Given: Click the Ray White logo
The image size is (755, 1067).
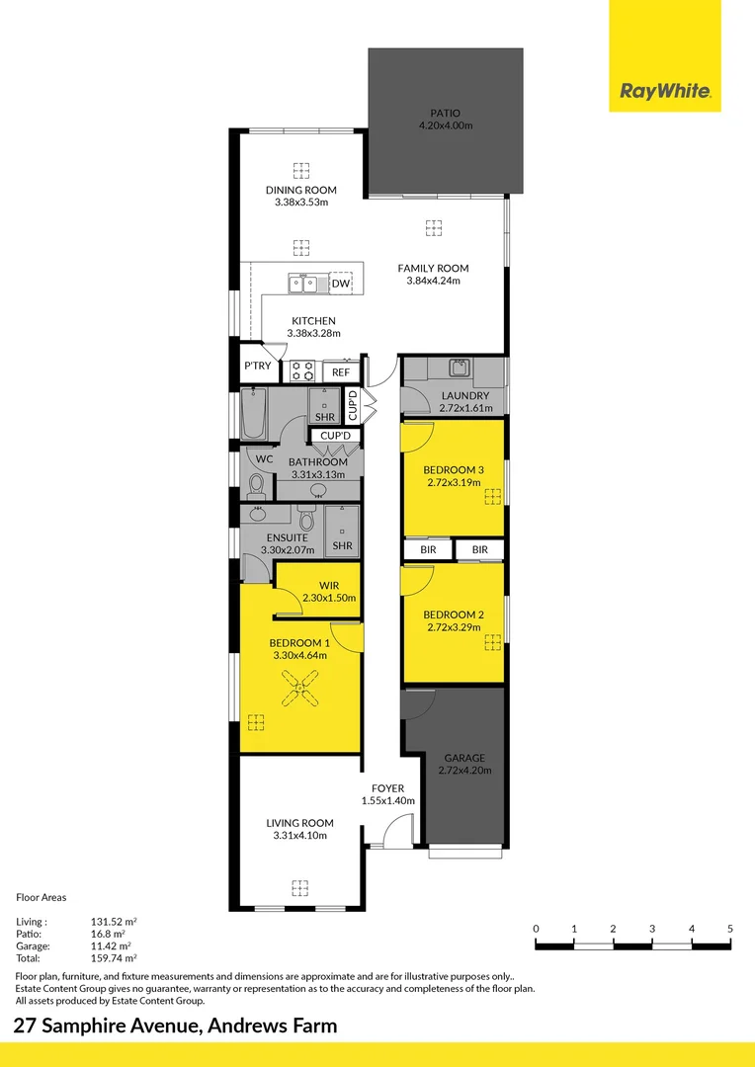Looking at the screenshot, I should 665,92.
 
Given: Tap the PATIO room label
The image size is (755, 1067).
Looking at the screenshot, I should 445,113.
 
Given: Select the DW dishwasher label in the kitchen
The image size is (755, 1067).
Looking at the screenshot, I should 340,285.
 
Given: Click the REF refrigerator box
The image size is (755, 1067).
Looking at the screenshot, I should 340,372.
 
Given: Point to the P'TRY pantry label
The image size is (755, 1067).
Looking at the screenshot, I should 257,367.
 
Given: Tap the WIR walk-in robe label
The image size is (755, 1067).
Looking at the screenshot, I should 329,585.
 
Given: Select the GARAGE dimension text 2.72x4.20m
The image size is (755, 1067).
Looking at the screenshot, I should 464,771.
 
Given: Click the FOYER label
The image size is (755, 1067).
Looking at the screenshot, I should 388,787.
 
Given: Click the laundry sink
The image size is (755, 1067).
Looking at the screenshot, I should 459,369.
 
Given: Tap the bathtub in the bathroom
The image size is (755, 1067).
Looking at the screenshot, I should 254,412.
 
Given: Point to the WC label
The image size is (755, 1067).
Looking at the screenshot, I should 264,459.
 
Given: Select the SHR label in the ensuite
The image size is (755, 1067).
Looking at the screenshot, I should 342,545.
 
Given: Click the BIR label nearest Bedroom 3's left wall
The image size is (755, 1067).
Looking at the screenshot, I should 428,549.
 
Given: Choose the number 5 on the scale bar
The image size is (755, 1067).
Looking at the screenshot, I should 729,929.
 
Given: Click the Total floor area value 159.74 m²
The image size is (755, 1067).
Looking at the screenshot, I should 114,957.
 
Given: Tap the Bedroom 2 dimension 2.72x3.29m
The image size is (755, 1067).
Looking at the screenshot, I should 454,627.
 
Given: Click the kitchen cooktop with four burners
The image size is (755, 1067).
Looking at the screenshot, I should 302,371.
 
